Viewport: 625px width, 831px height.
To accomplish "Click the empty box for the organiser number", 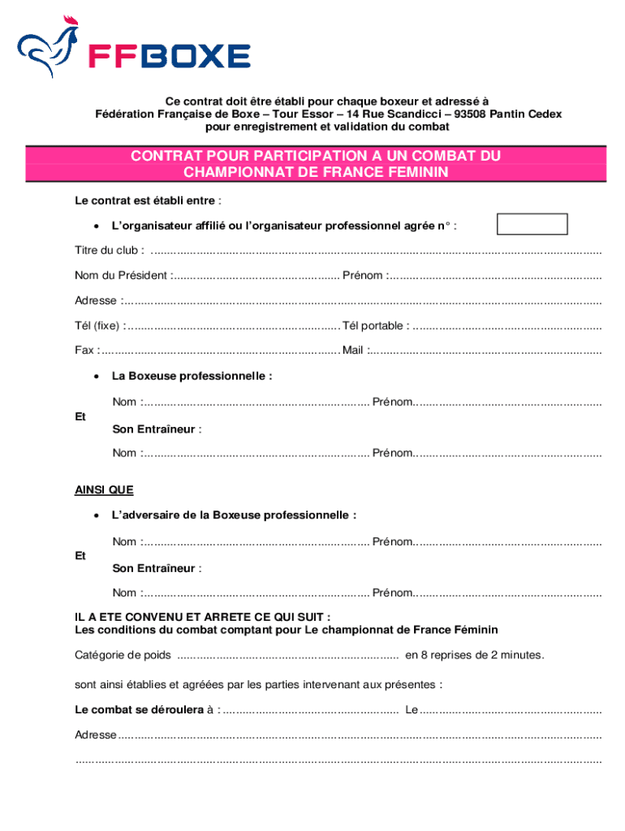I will [x=532, y=225].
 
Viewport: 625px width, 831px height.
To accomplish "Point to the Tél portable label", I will [x=375, y=325].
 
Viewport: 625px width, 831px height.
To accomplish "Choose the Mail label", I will [x=353, y=351].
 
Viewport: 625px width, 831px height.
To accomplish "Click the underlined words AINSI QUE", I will [x=104, y=490].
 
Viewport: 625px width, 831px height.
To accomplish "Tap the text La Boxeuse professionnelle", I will [x=191, y=377].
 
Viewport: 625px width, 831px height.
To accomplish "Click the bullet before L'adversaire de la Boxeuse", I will [x=96, y=515].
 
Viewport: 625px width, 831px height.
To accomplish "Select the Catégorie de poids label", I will [x=123, y=655].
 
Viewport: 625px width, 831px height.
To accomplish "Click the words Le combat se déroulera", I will [x=139, y=709].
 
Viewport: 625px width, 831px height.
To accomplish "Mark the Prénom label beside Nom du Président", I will [x=363, y=275].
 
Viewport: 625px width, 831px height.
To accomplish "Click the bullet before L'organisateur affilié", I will [x=96, y=225].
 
